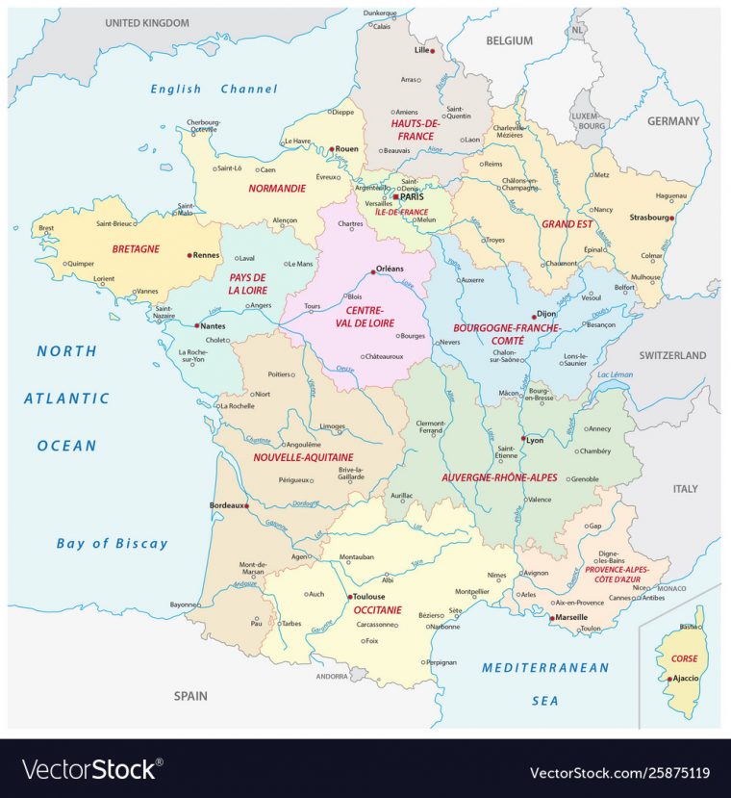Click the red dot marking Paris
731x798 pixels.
point(394,196)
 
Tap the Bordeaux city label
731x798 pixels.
point(227,504)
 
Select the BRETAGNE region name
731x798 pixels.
point(136,248)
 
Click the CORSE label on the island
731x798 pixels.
point(684,658)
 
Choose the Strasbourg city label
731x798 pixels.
point(649,218)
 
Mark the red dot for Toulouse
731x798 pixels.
point(347,597)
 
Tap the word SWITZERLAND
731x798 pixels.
point(673,355)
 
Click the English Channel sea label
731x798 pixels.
point(214,89)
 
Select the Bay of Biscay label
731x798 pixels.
point(112,543)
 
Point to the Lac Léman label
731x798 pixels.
point(616,373)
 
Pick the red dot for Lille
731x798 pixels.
point(433,50)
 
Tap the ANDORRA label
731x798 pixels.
point(332,676)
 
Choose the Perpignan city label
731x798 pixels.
point(441,662)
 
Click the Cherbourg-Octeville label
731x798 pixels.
point(204,126)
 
